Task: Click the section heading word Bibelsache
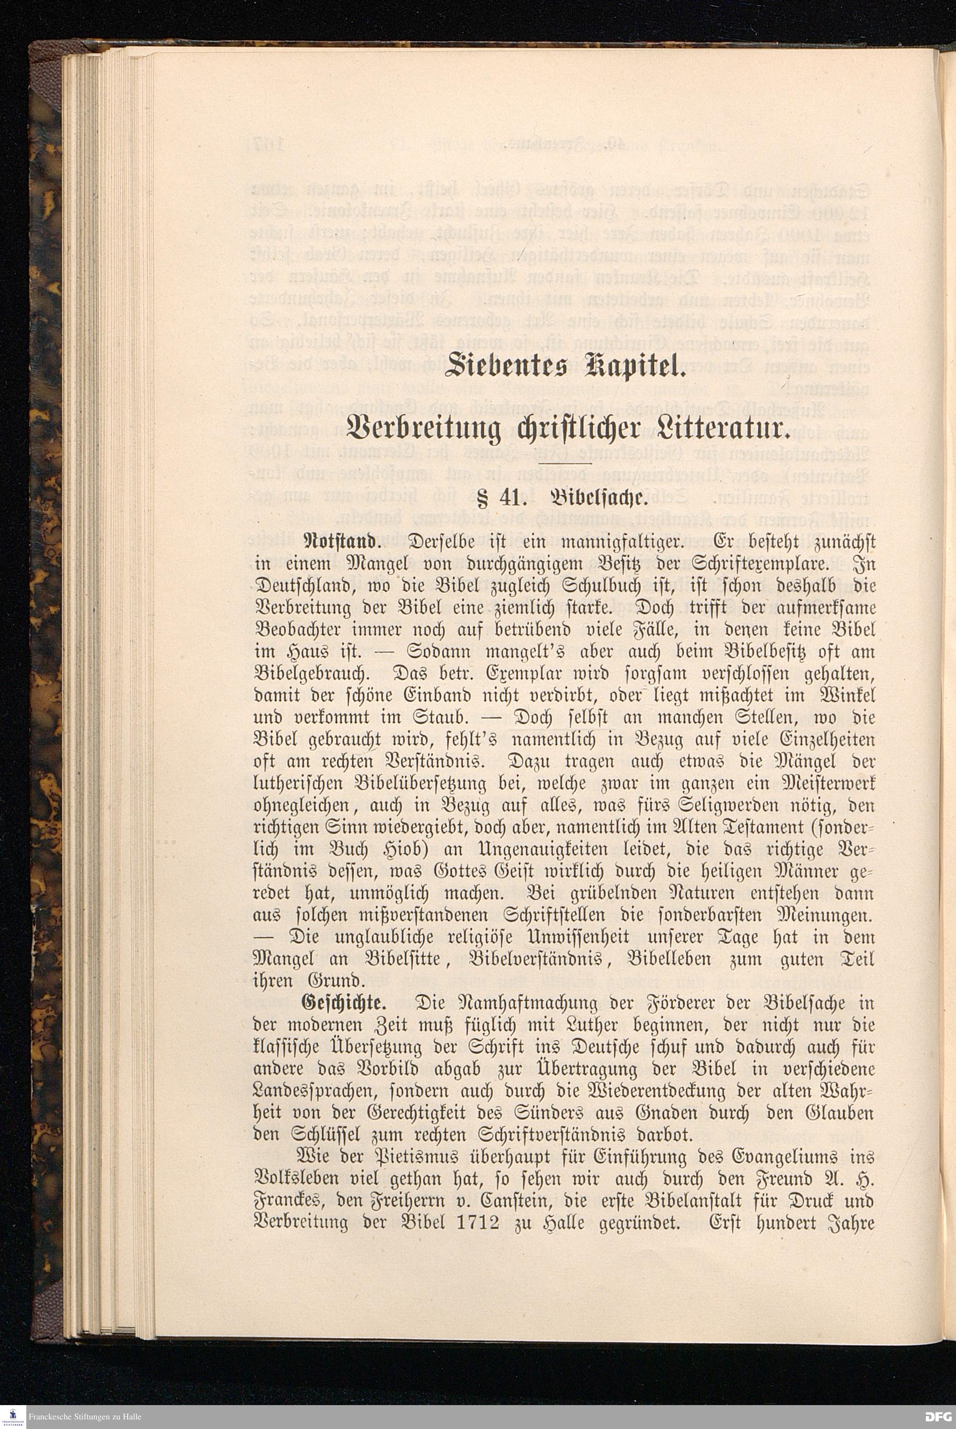(x=595, y=497)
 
